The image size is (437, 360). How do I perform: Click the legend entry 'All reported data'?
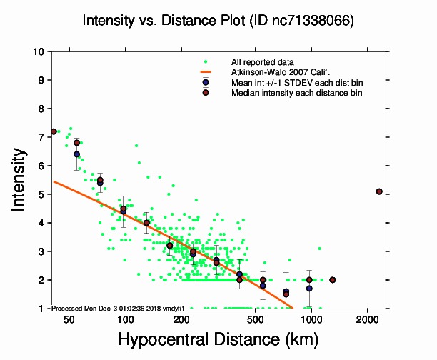coord(268,61)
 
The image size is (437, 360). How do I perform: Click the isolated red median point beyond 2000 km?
coord(379,191)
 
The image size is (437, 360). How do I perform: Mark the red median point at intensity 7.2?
coord(54,131)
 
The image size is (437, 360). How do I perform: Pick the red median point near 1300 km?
coord(332,280)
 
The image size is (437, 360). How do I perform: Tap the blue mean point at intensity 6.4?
coord(76,154)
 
